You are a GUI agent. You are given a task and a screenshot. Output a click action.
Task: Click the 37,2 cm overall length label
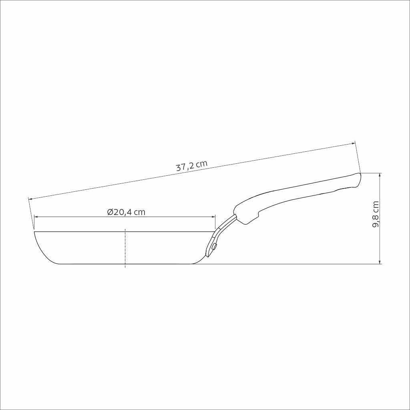click(x=192, y=166)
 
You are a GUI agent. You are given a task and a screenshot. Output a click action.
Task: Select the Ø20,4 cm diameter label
click(x=126, y=212)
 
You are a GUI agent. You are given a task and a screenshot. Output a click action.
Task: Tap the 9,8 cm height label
click(x=376, y=214)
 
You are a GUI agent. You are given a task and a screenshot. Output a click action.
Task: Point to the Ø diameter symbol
click(x=110, y=212)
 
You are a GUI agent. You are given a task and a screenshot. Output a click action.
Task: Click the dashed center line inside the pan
click(x=125, y=248)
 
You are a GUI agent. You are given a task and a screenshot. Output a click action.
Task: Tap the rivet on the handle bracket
click(x=215, y=247)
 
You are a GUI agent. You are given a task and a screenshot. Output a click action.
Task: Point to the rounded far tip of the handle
click(x=359, y=178)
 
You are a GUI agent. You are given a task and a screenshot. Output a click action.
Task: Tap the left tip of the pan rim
click(x=35, y=232)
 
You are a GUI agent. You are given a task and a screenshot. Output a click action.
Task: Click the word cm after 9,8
click(x=376, y=207)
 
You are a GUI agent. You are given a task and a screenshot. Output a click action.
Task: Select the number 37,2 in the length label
click(x=185, y=167)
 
